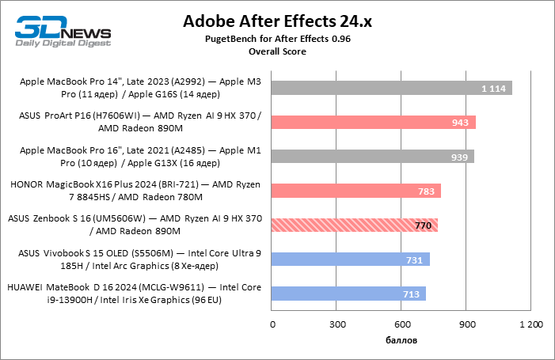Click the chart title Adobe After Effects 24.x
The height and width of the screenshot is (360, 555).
[x=277, y=21]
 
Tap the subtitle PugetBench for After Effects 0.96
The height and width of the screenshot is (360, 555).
[x=277, y=39]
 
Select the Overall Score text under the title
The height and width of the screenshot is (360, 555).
[x=277, y=51]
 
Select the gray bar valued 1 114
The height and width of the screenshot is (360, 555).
[x=391, y=88]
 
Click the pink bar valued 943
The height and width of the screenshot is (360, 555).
[x=373, y=122]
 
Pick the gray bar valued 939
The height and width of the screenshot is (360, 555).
[x=372, y=156]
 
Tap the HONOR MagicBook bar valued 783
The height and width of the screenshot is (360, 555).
[x=355, y=191]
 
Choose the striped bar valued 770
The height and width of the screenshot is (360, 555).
[x=354, y=225]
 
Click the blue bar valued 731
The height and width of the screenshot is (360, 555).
[x=350, y=260]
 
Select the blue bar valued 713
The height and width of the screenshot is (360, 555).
[x=348, y=294]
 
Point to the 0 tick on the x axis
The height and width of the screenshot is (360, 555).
[x=272, y=324]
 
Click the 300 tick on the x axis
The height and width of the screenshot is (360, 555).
[x=337, y=324]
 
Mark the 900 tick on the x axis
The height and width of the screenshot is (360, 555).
[x=466, y=324]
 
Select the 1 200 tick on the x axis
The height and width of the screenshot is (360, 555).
[x=530, y=324]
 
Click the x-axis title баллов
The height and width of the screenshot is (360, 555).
[x=401, y=340]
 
